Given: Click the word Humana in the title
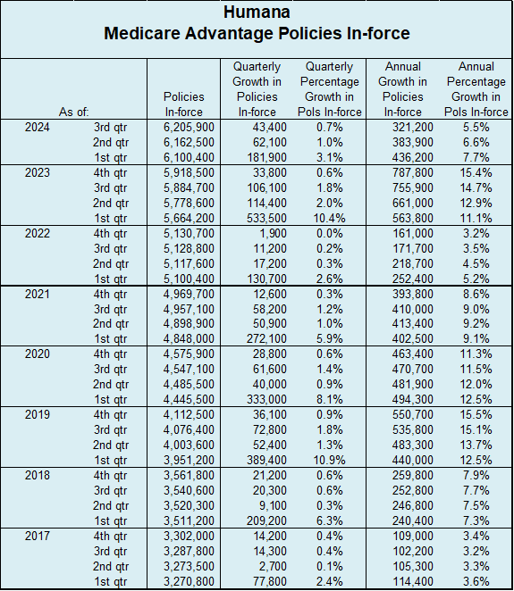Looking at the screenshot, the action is (x=257, y=12).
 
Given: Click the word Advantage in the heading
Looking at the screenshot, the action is (x=229, y=33).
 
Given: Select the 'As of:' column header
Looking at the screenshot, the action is (x=73, y=112).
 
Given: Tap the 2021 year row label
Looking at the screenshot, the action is (x=37, y=294).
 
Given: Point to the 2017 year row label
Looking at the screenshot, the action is (x=37, y=536).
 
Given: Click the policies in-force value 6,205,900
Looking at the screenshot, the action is (x=189, y=127).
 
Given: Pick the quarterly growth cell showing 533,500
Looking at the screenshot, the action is (x=266, y=218).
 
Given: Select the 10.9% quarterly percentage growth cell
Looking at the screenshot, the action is (x=329, y=460).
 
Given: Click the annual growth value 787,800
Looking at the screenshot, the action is (x=412, y=172).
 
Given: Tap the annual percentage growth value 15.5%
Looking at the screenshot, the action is (x=476, y=414).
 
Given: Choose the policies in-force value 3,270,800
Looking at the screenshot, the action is (x=189, y=581).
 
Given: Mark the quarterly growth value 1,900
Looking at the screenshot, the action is (x=273, y=233).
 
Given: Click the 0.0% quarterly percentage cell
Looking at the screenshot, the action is (x=330, y=233).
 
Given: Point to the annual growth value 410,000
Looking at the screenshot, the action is (x=412, y=309).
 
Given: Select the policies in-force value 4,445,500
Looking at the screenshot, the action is (x=189, y=399).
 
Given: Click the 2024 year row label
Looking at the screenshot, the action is (x=37, y=127).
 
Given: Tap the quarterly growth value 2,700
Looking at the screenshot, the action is (x=273, y=566).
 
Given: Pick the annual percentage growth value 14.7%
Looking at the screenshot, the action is (x=476, y=187).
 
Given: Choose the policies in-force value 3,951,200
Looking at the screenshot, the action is (x=189, y=460).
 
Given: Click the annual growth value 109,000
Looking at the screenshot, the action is (x=412, y=536).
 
